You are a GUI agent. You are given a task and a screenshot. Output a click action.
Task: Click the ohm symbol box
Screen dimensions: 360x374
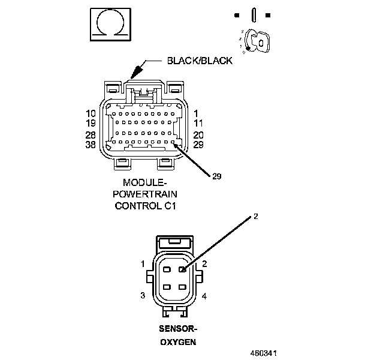tap(110, 25)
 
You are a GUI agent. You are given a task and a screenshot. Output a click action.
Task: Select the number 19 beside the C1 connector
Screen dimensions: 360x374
tap(91, 123)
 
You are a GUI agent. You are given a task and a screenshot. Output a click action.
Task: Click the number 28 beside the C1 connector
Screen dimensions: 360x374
tap(91, 135)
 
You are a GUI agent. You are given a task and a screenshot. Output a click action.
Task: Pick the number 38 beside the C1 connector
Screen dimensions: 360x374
tap(91, 145)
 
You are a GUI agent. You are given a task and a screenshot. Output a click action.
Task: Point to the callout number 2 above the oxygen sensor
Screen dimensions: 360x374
tap(256, 217)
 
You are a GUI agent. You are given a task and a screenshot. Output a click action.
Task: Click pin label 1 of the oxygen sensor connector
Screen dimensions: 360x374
tap(143, 263)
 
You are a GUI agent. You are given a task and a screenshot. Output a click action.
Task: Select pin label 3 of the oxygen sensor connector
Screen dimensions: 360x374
tap(143, 295)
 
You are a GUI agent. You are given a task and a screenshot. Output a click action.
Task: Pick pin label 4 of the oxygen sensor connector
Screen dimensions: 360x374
tap(204, 296)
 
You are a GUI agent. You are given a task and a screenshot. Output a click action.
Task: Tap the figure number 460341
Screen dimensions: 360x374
tap(263, 353)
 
